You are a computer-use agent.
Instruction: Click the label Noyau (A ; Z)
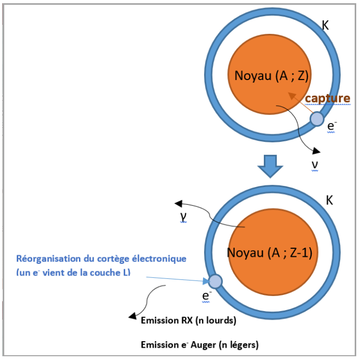click(x=271, y=76)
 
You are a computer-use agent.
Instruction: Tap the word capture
click(x=327, y=98)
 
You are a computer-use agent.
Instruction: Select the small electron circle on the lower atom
click(x=215, y=281)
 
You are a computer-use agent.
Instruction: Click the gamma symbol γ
click(x=184, y=215)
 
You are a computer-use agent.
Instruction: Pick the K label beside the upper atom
click(x=324, y=25)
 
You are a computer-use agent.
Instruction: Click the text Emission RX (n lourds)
click(x=188, y=321)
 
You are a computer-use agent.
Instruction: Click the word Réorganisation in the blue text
click(x=45, y=258)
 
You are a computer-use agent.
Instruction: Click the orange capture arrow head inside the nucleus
click(x=291, y=95)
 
